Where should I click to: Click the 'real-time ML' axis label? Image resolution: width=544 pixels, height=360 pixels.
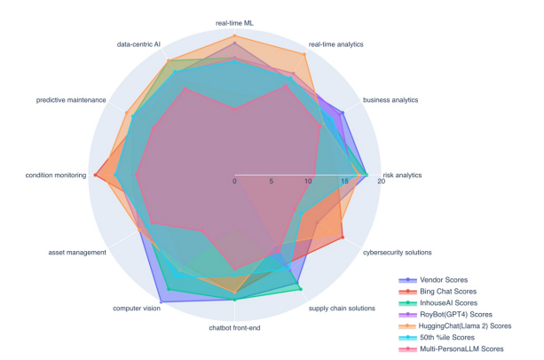point(234,20)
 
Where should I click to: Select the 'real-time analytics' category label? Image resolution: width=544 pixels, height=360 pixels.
point(335,43)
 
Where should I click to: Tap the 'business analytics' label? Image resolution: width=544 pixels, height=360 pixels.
point(391,100)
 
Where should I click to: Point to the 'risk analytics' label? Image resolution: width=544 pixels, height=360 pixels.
point(402,175)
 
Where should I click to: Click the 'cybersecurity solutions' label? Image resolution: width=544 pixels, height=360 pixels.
point(398,252)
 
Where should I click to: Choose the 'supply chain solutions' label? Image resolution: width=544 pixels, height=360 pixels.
point(342,308)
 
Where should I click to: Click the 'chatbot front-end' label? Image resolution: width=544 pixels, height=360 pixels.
point(234,329)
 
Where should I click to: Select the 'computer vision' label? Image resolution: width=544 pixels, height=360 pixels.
point(137,308)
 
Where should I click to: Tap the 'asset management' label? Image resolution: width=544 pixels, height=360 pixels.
point(77,252)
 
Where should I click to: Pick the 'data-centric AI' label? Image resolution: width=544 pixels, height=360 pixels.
point(138,43)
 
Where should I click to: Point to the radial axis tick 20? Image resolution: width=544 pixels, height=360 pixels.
point(381,182)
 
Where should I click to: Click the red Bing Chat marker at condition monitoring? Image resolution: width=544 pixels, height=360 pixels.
point(96,175)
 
